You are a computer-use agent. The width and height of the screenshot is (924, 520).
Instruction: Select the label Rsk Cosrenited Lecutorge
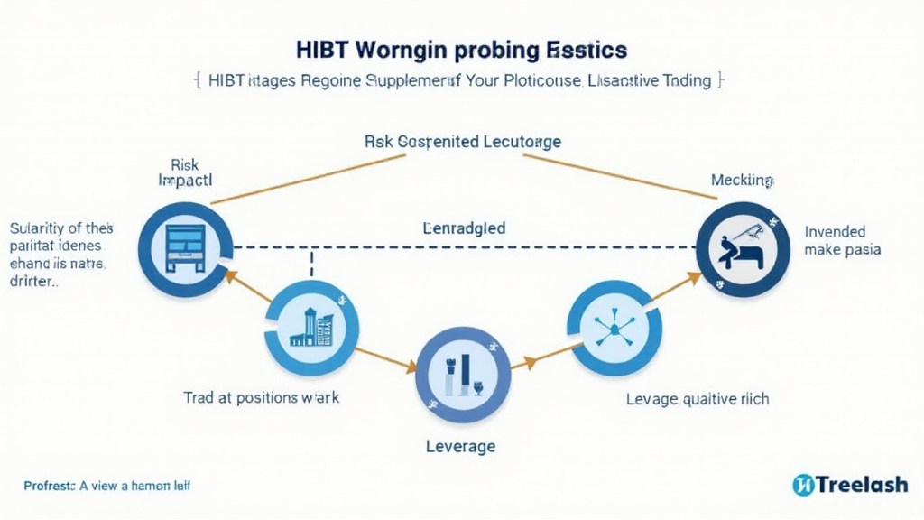tap(462, 142)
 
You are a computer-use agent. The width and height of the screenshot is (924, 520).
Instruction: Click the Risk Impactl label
tap(183, 172)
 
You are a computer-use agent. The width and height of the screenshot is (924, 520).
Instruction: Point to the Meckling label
tap(742, 181)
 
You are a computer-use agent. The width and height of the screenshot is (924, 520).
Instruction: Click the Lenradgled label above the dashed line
tap(464, 227)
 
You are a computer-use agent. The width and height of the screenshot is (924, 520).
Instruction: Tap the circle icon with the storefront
tap(187, 245)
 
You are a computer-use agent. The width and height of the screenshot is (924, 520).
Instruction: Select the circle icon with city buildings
tap(312, 327)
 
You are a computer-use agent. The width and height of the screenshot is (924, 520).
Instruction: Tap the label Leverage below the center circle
tap(460, 446)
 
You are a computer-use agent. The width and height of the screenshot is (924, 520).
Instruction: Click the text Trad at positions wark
tap(262, 397)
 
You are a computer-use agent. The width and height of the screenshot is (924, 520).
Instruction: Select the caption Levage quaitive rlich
tap(698, 398)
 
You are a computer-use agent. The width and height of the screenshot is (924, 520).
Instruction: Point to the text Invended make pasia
tap(842, 240)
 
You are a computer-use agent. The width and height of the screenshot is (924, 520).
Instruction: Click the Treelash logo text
tap(862, 485)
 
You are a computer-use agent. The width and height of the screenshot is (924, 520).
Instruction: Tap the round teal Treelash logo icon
tap(803, 485)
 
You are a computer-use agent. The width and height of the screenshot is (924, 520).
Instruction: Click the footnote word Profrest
tap(47, 486)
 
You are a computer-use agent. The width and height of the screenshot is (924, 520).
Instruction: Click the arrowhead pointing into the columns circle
tap(411, 367)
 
